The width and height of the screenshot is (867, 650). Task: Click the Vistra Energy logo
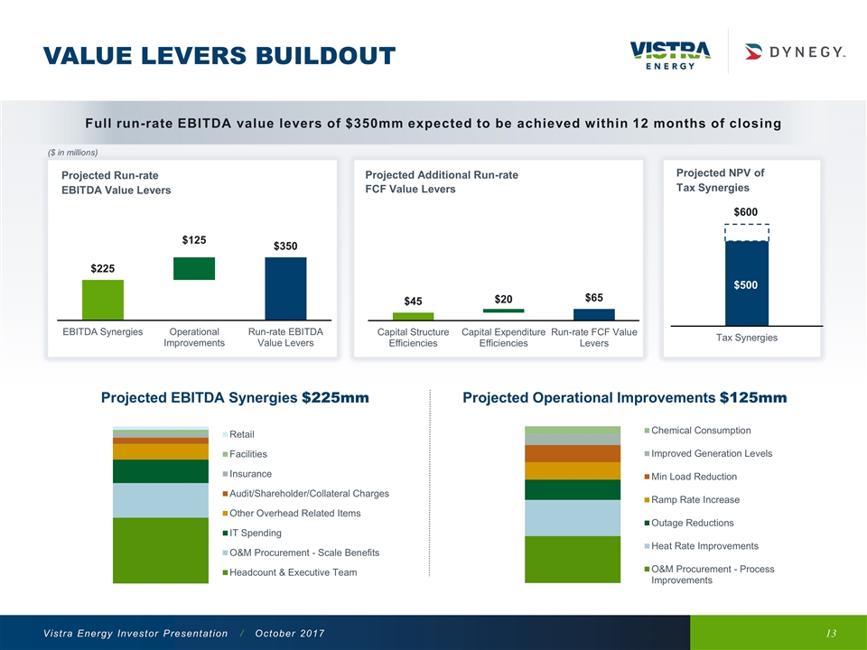[669, 54]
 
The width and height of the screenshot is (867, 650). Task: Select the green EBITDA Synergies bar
[103, 300]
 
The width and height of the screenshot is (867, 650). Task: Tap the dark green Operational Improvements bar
[194, 268]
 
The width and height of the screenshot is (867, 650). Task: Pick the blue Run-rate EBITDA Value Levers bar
[285, 288]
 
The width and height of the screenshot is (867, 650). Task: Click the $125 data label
[194, 240]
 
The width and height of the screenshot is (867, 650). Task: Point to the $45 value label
[413, 301]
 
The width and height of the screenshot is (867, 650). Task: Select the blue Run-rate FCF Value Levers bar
[594, 314]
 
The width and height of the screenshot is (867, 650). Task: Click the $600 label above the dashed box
[745, 211]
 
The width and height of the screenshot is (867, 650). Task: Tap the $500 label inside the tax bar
[746, 285]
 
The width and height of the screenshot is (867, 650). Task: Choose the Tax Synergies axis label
[746, 338]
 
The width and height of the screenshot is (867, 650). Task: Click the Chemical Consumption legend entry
[700, 430]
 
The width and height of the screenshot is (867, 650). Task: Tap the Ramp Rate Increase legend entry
[695, 499]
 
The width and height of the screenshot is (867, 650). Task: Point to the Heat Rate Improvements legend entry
[704, 545]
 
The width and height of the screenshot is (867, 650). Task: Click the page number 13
[831, 635]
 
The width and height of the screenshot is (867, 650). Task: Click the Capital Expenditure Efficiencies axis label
[503, 338]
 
